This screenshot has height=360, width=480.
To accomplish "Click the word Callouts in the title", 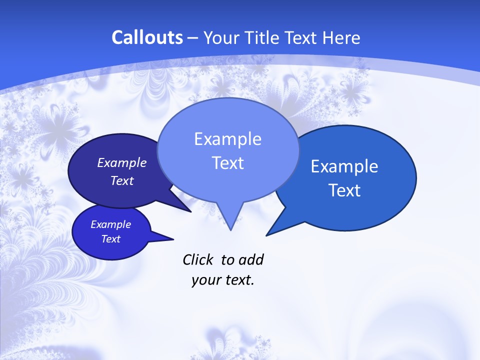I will [147, 38].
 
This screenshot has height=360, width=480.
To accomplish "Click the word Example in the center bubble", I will [227, 139].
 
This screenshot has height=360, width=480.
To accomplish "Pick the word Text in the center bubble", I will [227, 163].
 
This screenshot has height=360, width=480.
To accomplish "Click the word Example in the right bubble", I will [344, 166].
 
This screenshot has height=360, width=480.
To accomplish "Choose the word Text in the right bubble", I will [344, 190].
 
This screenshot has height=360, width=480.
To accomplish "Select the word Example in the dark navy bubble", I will [122, 162].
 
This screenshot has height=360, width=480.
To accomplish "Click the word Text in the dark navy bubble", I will [122, 180].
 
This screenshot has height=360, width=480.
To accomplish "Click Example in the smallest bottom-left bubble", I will [110, 224].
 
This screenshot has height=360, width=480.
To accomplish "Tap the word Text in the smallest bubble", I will [110, 239].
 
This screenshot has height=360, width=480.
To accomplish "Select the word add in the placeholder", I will [251, 259].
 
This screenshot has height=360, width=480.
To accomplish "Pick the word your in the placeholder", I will [206, 280].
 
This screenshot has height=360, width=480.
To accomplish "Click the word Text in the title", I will [301, 38].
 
